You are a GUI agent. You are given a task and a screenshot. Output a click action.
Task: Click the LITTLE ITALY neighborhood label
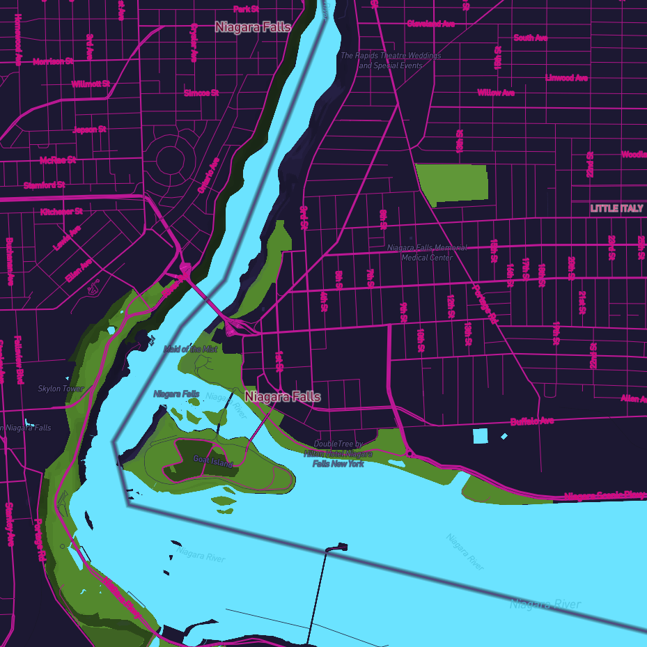point(616,208)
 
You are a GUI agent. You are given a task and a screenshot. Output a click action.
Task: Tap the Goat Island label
point(213,461)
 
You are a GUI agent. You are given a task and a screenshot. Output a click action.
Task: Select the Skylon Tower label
point(61,389)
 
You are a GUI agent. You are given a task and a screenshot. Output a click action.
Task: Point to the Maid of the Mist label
point(191,349)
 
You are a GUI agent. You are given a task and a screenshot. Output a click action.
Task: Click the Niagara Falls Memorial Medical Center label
point(427,252)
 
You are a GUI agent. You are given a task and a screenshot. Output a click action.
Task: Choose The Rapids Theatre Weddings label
point(390,60)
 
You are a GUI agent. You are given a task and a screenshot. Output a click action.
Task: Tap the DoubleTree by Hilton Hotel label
point(338,453)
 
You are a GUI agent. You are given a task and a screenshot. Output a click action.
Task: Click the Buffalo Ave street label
point(532,421)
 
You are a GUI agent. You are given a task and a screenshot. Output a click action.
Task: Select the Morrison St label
point(53,61)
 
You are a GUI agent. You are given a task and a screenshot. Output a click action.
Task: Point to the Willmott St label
point(91,84)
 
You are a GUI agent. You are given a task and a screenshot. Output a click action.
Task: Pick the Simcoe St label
point(201,93)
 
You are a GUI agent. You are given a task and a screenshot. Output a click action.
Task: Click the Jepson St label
point(89,130)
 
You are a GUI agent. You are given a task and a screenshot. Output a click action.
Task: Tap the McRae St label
point(58,159)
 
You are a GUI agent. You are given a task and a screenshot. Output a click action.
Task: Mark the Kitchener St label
point(61,211)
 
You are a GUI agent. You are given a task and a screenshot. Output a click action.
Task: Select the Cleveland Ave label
point(430,24)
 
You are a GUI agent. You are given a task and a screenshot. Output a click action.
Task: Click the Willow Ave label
point(496,93)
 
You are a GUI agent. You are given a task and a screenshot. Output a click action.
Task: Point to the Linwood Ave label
point(566,78)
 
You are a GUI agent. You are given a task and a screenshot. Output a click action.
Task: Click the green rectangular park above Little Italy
point(452,184)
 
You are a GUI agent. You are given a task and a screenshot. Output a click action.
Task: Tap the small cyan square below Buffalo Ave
point(481,437)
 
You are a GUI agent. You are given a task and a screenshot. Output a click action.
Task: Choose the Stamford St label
point(44,185)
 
